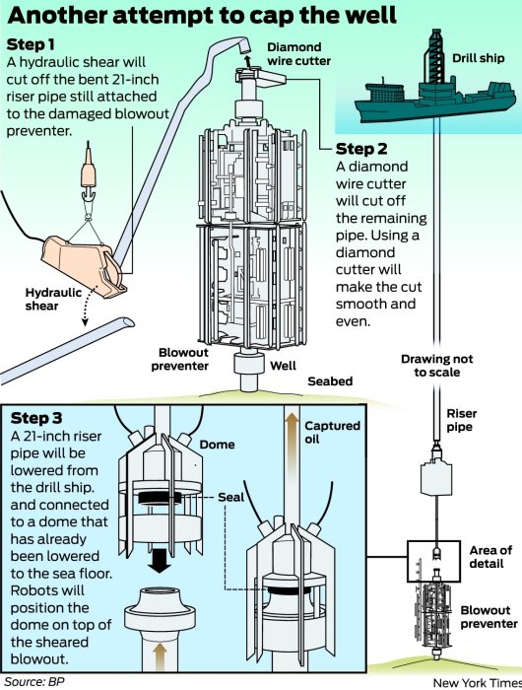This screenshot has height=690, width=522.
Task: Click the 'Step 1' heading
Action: [31, 44]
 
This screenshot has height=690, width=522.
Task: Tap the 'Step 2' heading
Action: [361, 149]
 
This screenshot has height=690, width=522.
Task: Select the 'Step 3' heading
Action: [36, 418]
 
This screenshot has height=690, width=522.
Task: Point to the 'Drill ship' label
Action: [479, 59]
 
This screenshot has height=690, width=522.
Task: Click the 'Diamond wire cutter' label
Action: [299, 53]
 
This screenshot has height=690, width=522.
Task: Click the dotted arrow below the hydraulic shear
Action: [88, 308]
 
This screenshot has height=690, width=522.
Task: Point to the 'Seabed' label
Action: [330, 381]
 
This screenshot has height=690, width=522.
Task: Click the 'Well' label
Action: [283, 366]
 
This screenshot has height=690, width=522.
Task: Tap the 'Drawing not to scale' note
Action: [436, 366]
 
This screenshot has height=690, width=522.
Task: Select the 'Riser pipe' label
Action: [461, 420]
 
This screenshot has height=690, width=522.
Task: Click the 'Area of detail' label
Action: [490, 557]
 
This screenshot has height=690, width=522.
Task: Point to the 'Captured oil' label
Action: [332, 432]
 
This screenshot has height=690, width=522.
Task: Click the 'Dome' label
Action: [218, 445]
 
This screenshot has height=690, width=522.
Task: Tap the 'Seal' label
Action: [230, 497]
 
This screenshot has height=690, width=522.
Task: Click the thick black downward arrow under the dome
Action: [161, 560]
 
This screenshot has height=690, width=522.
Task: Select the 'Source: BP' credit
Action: [34, 682]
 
